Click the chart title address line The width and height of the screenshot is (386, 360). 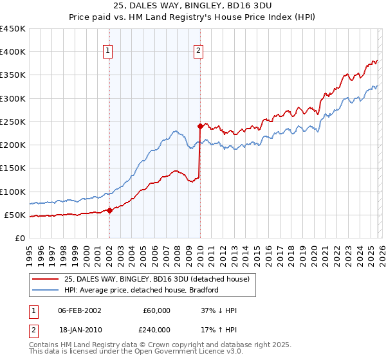click(193, 6)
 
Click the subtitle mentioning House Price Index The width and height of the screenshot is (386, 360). click(193, 17)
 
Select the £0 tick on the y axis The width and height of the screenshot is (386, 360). click(20, 238)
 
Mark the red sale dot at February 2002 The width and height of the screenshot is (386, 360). click(110, 210)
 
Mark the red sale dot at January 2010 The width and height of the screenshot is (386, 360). click(200, 126)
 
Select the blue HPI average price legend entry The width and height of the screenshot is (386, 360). click(142, 291)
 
